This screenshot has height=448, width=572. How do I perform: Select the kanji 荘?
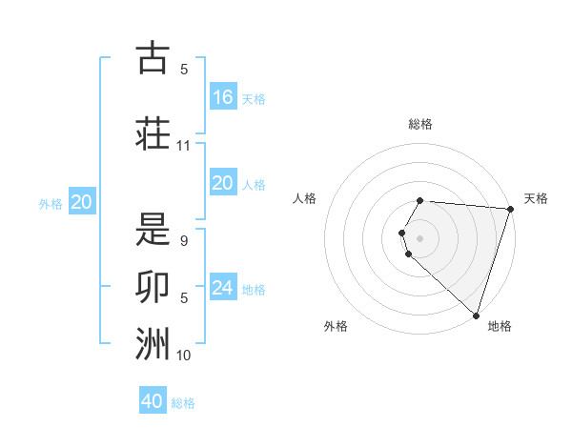tap(153, 133)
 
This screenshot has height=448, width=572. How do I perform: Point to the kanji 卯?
tap(153, 287)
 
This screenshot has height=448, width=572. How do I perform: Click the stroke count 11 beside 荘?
tap(184, 146)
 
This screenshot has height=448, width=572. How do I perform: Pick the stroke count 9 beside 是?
tap(184, 241)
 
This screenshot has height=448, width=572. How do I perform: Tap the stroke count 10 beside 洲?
tap(184, 356)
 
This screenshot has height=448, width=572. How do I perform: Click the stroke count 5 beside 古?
tap(184, 69)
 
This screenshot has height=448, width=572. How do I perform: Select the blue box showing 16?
tap(223, 97)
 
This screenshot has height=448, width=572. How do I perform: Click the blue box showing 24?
tap(223, 288)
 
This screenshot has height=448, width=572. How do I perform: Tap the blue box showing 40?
tap(153, 401)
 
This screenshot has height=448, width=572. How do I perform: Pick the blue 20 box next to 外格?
tap(82, 202)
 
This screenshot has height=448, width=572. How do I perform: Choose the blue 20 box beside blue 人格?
tap(223, 183)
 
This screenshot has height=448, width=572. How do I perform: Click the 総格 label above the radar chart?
tap(420, 124)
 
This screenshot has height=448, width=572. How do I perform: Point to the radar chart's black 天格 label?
tap(536, 198)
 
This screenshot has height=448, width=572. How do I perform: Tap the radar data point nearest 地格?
tap(476, 315)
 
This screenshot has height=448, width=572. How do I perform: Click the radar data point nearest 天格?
tap(510, 209)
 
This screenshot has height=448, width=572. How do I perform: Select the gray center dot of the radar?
tap(420, 237)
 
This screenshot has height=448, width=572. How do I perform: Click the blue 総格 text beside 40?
tap(183, 403)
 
